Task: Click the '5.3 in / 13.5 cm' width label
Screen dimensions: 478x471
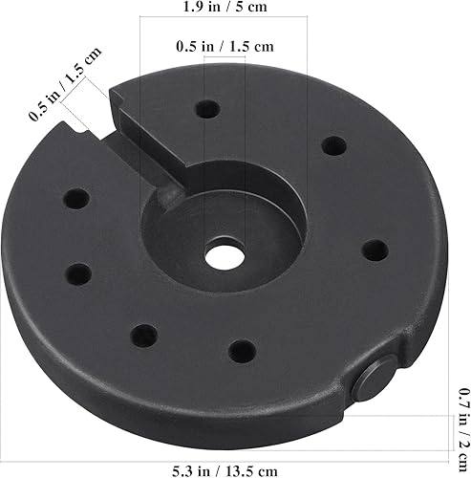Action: [x=225, y=468]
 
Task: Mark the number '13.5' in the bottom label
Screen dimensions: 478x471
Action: [x=246, y=468]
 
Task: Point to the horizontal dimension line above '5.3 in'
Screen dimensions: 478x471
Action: [x=225, y=448]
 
